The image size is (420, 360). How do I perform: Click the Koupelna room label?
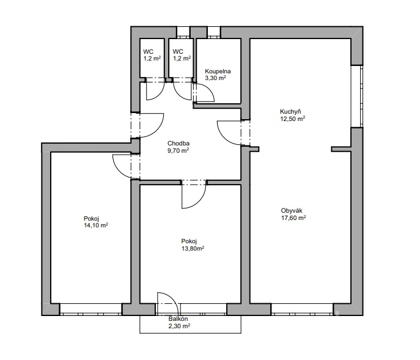tap(218, 72)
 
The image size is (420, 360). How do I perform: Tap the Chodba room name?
tap(179, 144)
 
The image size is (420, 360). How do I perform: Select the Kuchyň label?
tap(290, 111)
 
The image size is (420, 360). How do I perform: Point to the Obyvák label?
tap(292, 210)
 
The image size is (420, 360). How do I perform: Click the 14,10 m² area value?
tap(96, 226)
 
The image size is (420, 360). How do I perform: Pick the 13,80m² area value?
tap(193, 249)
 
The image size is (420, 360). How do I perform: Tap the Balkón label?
tap(178, 319)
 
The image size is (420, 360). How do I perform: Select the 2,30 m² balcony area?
tap(179, 326)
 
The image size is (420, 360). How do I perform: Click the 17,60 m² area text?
tap(293, 218)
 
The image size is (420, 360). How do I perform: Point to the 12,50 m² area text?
tap(293, 119)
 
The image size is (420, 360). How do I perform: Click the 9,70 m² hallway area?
tap(179, 151)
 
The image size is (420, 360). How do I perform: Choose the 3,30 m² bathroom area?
tap(215, 78)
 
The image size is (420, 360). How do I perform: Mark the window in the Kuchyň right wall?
tap(357, 97)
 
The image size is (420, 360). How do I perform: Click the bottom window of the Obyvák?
tap(302, 309)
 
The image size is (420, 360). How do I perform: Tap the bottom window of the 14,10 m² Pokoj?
tap(91, 309)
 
